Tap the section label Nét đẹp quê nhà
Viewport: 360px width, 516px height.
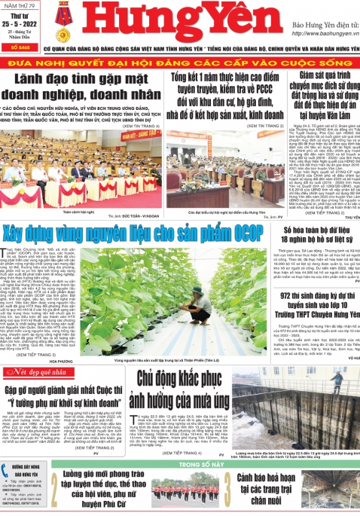pyautogui.click(x=38, y=372)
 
